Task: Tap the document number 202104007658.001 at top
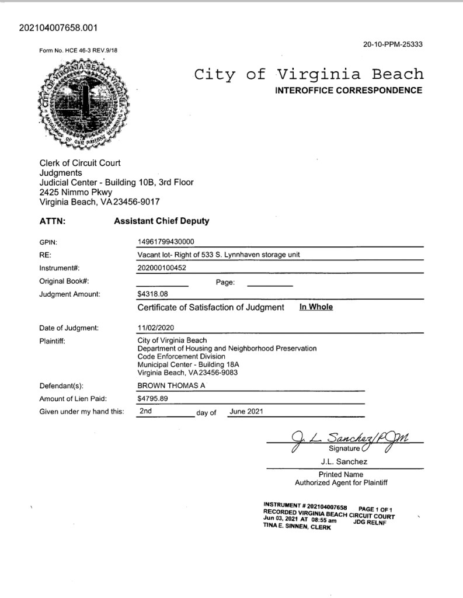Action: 58,27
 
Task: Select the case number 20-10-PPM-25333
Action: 392,44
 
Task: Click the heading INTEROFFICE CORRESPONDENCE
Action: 348,91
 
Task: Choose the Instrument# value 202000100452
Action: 162,268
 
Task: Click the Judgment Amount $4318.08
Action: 152,294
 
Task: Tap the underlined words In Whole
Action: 316,307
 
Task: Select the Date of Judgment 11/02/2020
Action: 155,328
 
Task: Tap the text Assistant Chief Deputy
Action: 161,221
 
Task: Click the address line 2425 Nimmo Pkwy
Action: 76,192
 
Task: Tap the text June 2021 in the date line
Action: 246,411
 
